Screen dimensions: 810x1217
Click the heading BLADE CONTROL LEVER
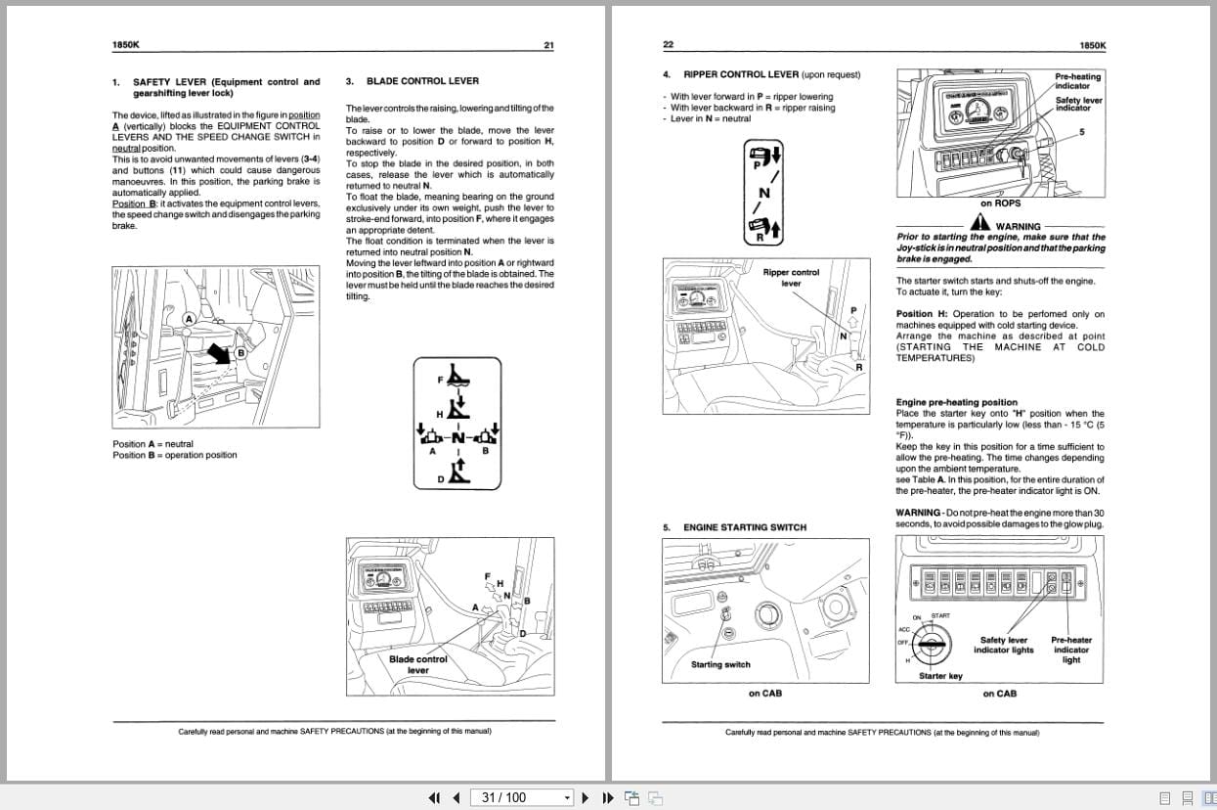(x=422, y=81)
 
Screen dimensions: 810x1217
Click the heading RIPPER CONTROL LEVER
(x=741, y=74)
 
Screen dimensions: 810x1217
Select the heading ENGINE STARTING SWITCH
(x=744, y=527)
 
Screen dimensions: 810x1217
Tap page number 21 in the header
(x=548, y=45)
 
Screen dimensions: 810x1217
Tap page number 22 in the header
(x=669, y=45)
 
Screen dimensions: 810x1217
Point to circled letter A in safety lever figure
(x=190, y=319)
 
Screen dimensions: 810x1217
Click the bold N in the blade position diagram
(x=457, y=437)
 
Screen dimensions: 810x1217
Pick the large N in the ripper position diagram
(x=764, y=193)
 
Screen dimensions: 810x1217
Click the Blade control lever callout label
(x=417, y=664)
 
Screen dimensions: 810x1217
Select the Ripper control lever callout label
(x=791, y=278)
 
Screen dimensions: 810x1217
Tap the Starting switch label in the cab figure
(x=720, y=664)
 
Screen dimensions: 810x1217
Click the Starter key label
(x=940, y=676)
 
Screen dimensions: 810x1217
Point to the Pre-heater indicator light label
(x=1070, y=650)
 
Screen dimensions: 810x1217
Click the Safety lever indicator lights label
(x=1004, y=645)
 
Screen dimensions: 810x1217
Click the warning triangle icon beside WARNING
(x=979, y=224)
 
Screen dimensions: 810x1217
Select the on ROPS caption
(x=1000, y=203)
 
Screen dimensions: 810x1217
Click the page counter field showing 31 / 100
(x=522, y=797)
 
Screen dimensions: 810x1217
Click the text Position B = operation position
(x=175, y=455)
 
